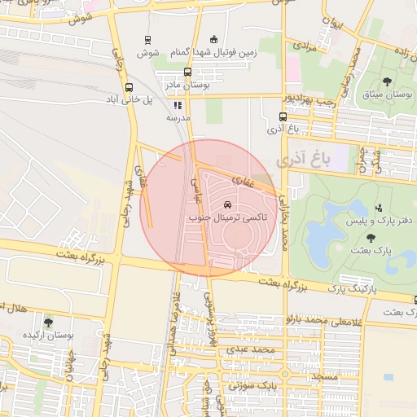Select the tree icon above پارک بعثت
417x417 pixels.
371,238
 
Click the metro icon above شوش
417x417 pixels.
147,39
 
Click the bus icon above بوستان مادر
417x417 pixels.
190,72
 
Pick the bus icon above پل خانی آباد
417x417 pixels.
129,87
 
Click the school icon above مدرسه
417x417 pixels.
178,105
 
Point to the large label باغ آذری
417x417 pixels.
304,160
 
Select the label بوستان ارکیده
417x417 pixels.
49,335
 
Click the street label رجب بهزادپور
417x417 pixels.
305,99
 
